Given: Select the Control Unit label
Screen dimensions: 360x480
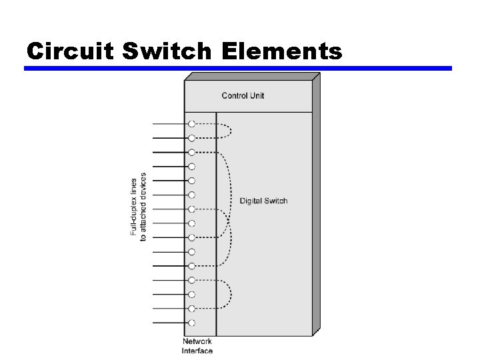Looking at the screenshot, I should (243, 95).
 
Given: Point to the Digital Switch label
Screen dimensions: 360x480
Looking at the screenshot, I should (263, 201).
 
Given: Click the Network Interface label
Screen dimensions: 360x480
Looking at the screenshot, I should (197, 346).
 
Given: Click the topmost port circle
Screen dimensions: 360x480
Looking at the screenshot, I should (192, 124).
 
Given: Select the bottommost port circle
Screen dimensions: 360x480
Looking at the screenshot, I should (192, 323).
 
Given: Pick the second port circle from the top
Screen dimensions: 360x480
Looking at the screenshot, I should (192, 138).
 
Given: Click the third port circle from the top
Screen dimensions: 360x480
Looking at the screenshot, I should (192, 152).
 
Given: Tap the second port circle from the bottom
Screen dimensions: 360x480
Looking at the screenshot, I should (192, 309).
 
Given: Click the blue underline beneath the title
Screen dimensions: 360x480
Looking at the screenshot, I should (238, 68).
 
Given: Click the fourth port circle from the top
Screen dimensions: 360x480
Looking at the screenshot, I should (192, 167).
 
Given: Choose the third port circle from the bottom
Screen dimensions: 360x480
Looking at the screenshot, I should (192, 294).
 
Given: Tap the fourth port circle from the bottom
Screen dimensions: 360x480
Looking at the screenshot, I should (192, 280).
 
